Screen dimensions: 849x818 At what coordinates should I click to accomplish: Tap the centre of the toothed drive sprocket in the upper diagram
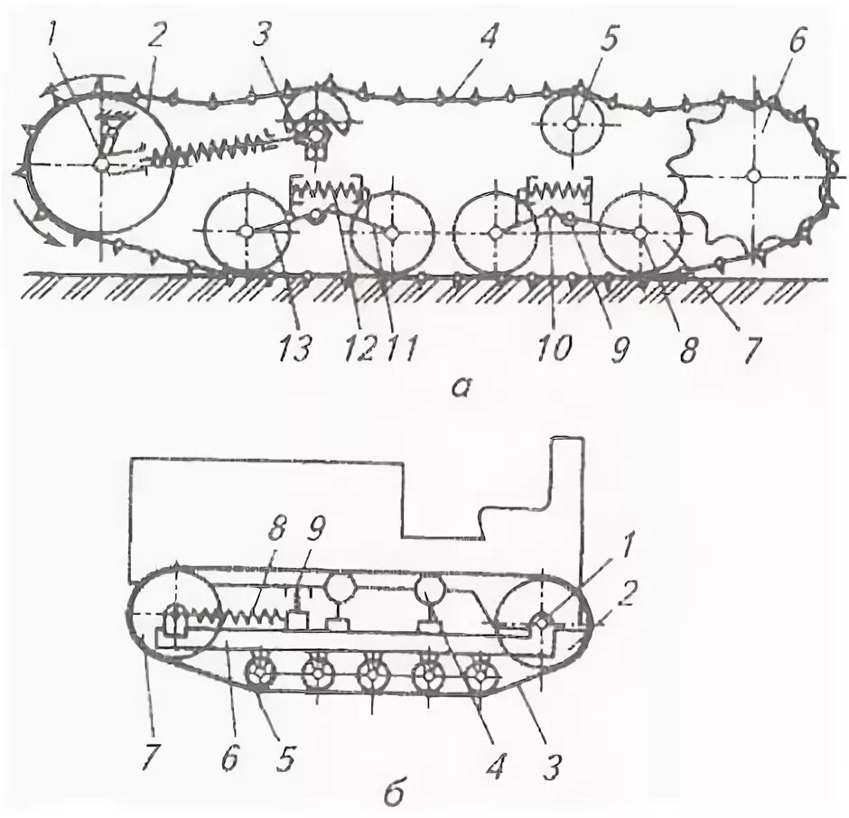click(753, 175)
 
